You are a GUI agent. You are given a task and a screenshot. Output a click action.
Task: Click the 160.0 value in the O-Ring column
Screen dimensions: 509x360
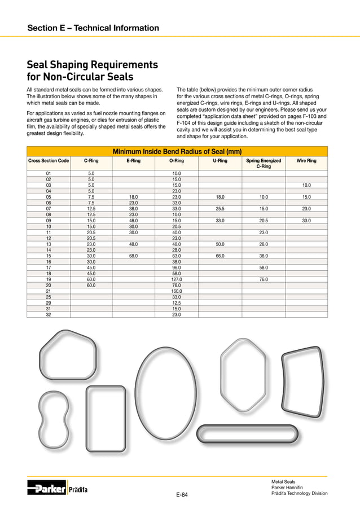[x=176, y=291]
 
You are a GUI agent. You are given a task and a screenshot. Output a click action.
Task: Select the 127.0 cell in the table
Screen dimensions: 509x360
[x=176, y=279]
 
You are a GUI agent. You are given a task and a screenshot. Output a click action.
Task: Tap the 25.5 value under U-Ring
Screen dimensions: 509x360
[x=220, y=209]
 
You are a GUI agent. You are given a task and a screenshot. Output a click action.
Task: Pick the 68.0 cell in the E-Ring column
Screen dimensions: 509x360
[x=134, y=256]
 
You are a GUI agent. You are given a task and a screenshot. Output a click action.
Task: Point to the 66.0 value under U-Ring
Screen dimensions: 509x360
[x=220, y=256]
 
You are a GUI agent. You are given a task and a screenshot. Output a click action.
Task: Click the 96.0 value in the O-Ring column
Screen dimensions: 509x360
[x=176, y=267]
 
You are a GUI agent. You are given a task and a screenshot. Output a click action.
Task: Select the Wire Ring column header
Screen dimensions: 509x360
[x=306, y=161]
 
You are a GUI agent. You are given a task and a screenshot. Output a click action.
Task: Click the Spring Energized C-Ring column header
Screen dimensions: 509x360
[x=263, y=164]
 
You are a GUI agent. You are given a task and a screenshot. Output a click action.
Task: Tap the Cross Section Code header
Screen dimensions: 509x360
[x=49, y=161]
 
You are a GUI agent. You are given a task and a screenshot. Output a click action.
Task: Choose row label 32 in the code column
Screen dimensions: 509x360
[x=49, y=314]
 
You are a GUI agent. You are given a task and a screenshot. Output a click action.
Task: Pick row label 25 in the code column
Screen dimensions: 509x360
[x=49, y=297]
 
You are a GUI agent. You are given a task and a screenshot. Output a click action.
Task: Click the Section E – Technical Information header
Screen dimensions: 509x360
[x=93, y=28]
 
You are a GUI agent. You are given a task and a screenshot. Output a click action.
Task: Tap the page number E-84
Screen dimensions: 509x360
[x=182, y=495]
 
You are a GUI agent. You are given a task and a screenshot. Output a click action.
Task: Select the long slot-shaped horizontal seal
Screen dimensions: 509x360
[x=247, y=435]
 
